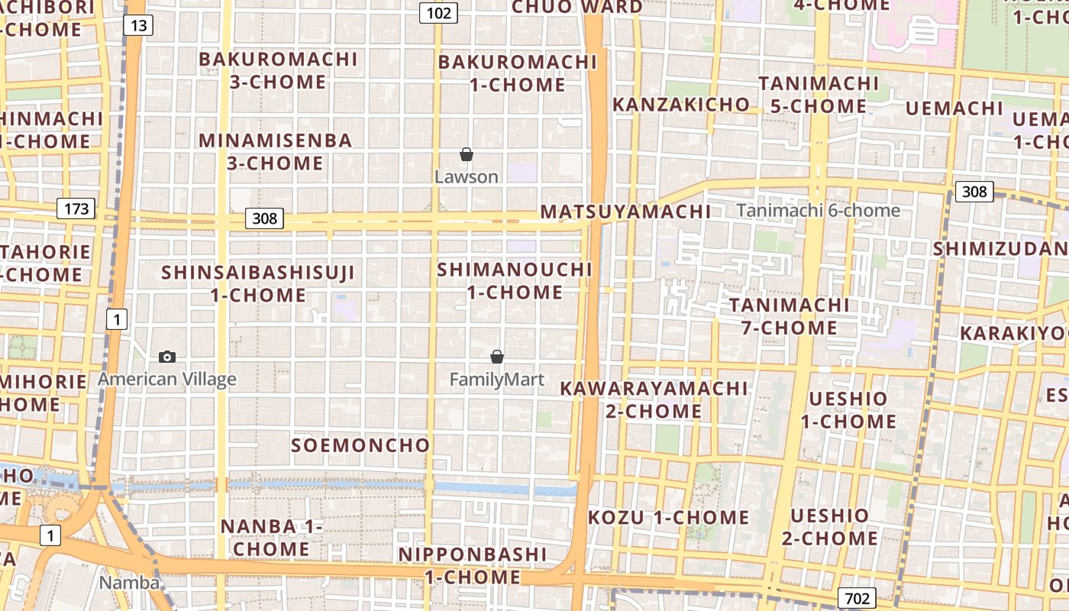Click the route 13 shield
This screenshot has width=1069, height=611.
point(138,26)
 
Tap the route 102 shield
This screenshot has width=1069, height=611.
point(438,13)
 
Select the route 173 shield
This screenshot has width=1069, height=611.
point(76,209)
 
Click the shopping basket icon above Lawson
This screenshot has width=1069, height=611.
point(467,155)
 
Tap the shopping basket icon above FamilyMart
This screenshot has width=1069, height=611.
point(497,357)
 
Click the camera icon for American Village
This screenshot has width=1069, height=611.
point(167,357)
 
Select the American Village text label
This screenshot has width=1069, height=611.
point(167,380)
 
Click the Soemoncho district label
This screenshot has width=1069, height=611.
point(361,445)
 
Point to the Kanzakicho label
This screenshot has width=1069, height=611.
point(681,105)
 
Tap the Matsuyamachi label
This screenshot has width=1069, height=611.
point(625,212)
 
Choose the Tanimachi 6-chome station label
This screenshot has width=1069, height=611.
point(818,211)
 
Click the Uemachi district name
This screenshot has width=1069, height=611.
point(954,108)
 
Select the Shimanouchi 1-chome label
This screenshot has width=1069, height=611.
point(515,280)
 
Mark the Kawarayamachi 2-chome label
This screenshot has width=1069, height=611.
point(654,399)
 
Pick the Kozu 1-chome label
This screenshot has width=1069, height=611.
point(669,517)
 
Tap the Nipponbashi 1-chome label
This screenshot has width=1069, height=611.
point(473,565)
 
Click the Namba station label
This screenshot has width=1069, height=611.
point(130,583)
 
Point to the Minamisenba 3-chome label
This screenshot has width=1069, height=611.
point(276,151)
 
